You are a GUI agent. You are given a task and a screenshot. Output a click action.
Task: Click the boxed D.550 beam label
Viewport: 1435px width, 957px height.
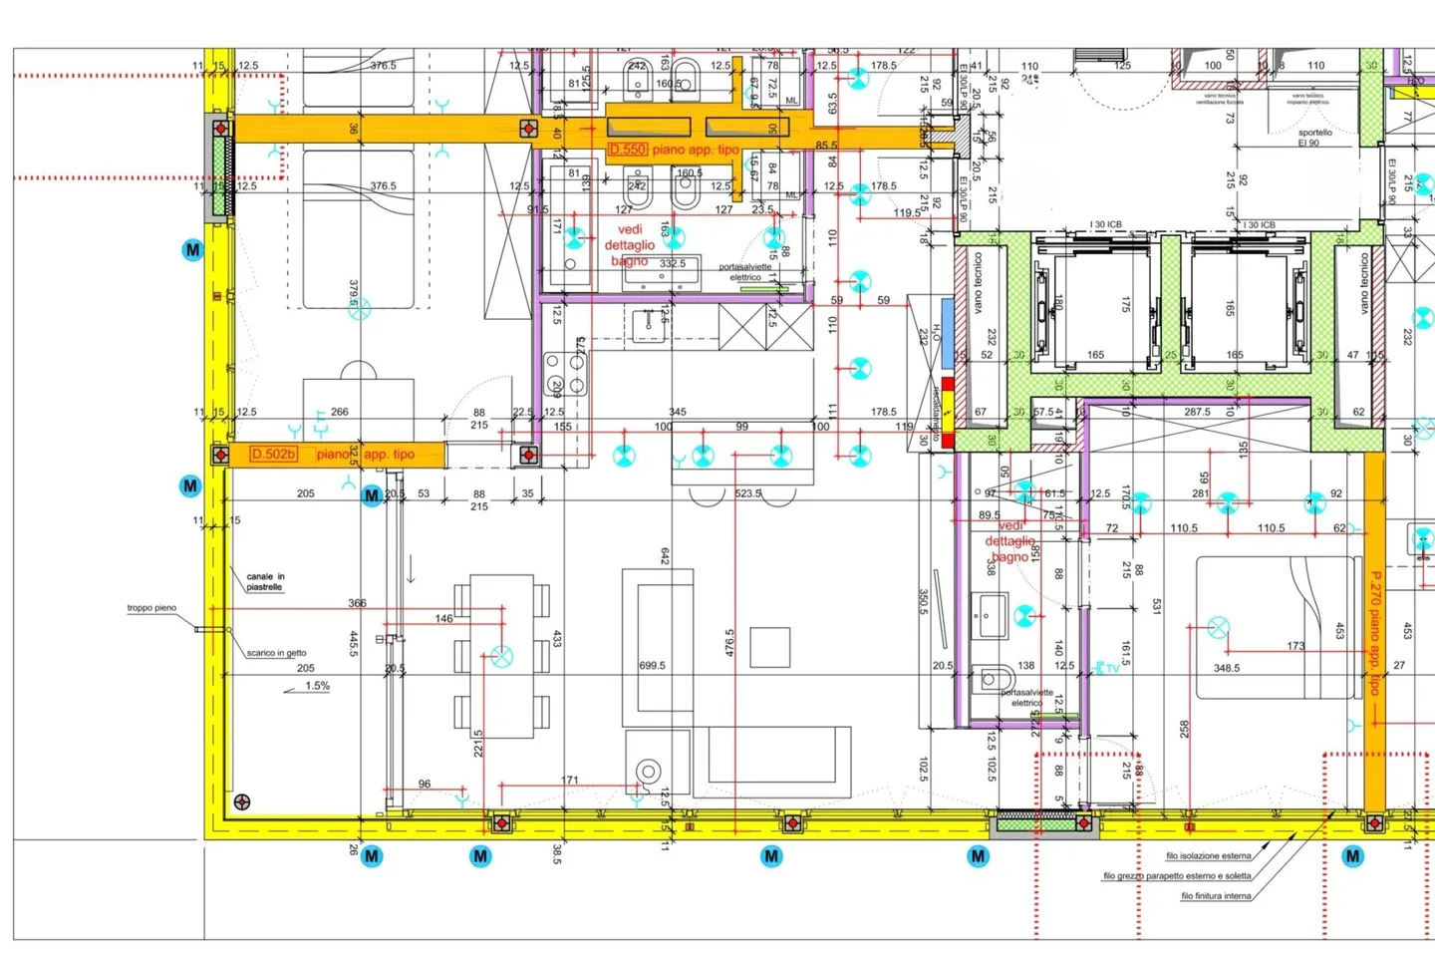tap(628, 150)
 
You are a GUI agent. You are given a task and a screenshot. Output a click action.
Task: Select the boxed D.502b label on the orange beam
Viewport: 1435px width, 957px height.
tap(273, 455)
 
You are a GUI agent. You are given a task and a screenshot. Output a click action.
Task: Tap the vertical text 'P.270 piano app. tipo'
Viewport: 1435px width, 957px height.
tap(1375, 633)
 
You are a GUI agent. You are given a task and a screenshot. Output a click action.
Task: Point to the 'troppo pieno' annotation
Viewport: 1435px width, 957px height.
tap(151, 608)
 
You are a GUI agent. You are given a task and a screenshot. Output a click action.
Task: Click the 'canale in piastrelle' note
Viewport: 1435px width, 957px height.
tap(265, 582)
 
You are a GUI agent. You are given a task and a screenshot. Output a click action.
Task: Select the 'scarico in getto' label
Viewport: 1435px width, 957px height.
tap(276, 653)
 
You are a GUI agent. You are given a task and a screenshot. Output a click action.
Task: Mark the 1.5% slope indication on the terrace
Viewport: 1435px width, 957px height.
tap(317, 686)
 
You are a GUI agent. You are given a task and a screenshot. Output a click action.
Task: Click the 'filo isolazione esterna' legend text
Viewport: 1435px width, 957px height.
tap(1208, 855)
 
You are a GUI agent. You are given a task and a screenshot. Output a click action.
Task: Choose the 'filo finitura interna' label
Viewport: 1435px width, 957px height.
tap(1216, 896)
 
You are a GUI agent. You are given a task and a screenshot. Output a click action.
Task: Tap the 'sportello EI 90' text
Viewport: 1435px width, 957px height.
tap(1314, 138)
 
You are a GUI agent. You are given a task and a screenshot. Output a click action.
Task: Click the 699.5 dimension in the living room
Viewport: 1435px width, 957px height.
tap(652, 666)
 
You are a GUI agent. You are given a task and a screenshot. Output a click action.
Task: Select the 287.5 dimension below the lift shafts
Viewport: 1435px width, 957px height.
tap(1197, 412)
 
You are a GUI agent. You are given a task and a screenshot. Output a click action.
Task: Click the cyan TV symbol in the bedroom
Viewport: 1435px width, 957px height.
tap(1107, 668)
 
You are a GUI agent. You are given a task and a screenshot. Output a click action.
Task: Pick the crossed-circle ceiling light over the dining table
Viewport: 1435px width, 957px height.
tap(502, 656)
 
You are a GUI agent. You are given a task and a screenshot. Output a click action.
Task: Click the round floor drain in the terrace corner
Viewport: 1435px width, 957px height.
tap(241, 801)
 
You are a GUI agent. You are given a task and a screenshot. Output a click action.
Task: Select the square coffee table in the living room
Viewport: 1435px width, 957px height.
tap(770, 647)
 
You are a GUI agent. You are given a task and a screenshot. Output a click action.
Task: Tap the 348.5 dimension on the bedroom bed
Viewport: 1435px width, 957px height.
tap(1226, 668)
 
